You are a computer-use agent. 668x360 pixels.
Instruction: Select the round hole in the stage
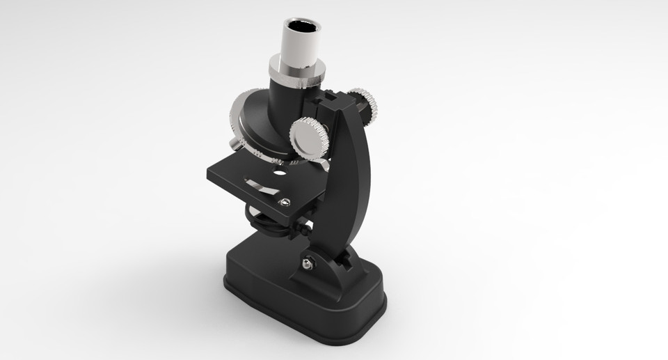pos(279,171)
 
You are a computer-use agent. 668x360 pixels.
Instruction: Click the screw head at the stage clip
pos(284,202)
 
